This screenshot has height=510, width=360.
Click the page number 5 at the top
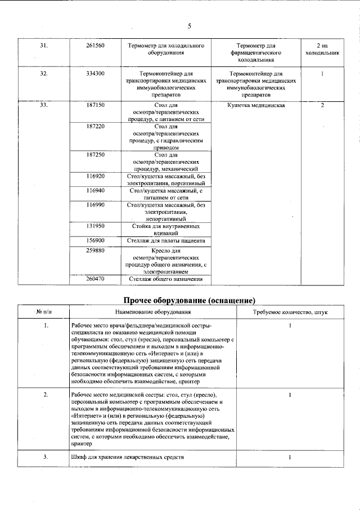(x=189, y=26)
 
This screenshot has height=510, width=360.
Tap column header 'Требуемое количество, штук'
(x=289, y=311)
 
